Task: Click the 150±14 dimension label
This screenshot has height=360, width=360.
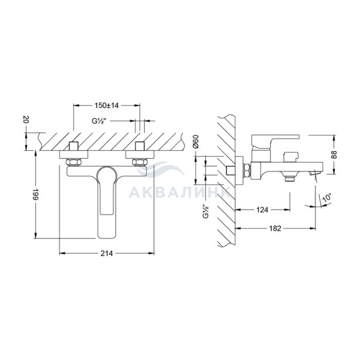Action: (106, 105)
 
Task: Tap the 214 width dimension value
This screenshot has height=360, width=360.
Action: (106, 253)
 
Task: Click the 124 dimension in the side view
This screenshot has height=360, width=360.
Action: (262, 210)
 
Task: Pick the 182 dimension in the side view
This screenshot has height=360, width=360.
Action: (275, 228)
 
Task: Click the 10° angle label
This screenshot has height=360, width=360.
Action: (327, 198)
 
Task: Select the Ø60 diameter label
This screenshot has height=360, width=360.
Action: (196, 142)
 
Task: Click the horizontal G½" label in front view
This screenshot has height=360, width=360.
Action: (99, 121)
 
